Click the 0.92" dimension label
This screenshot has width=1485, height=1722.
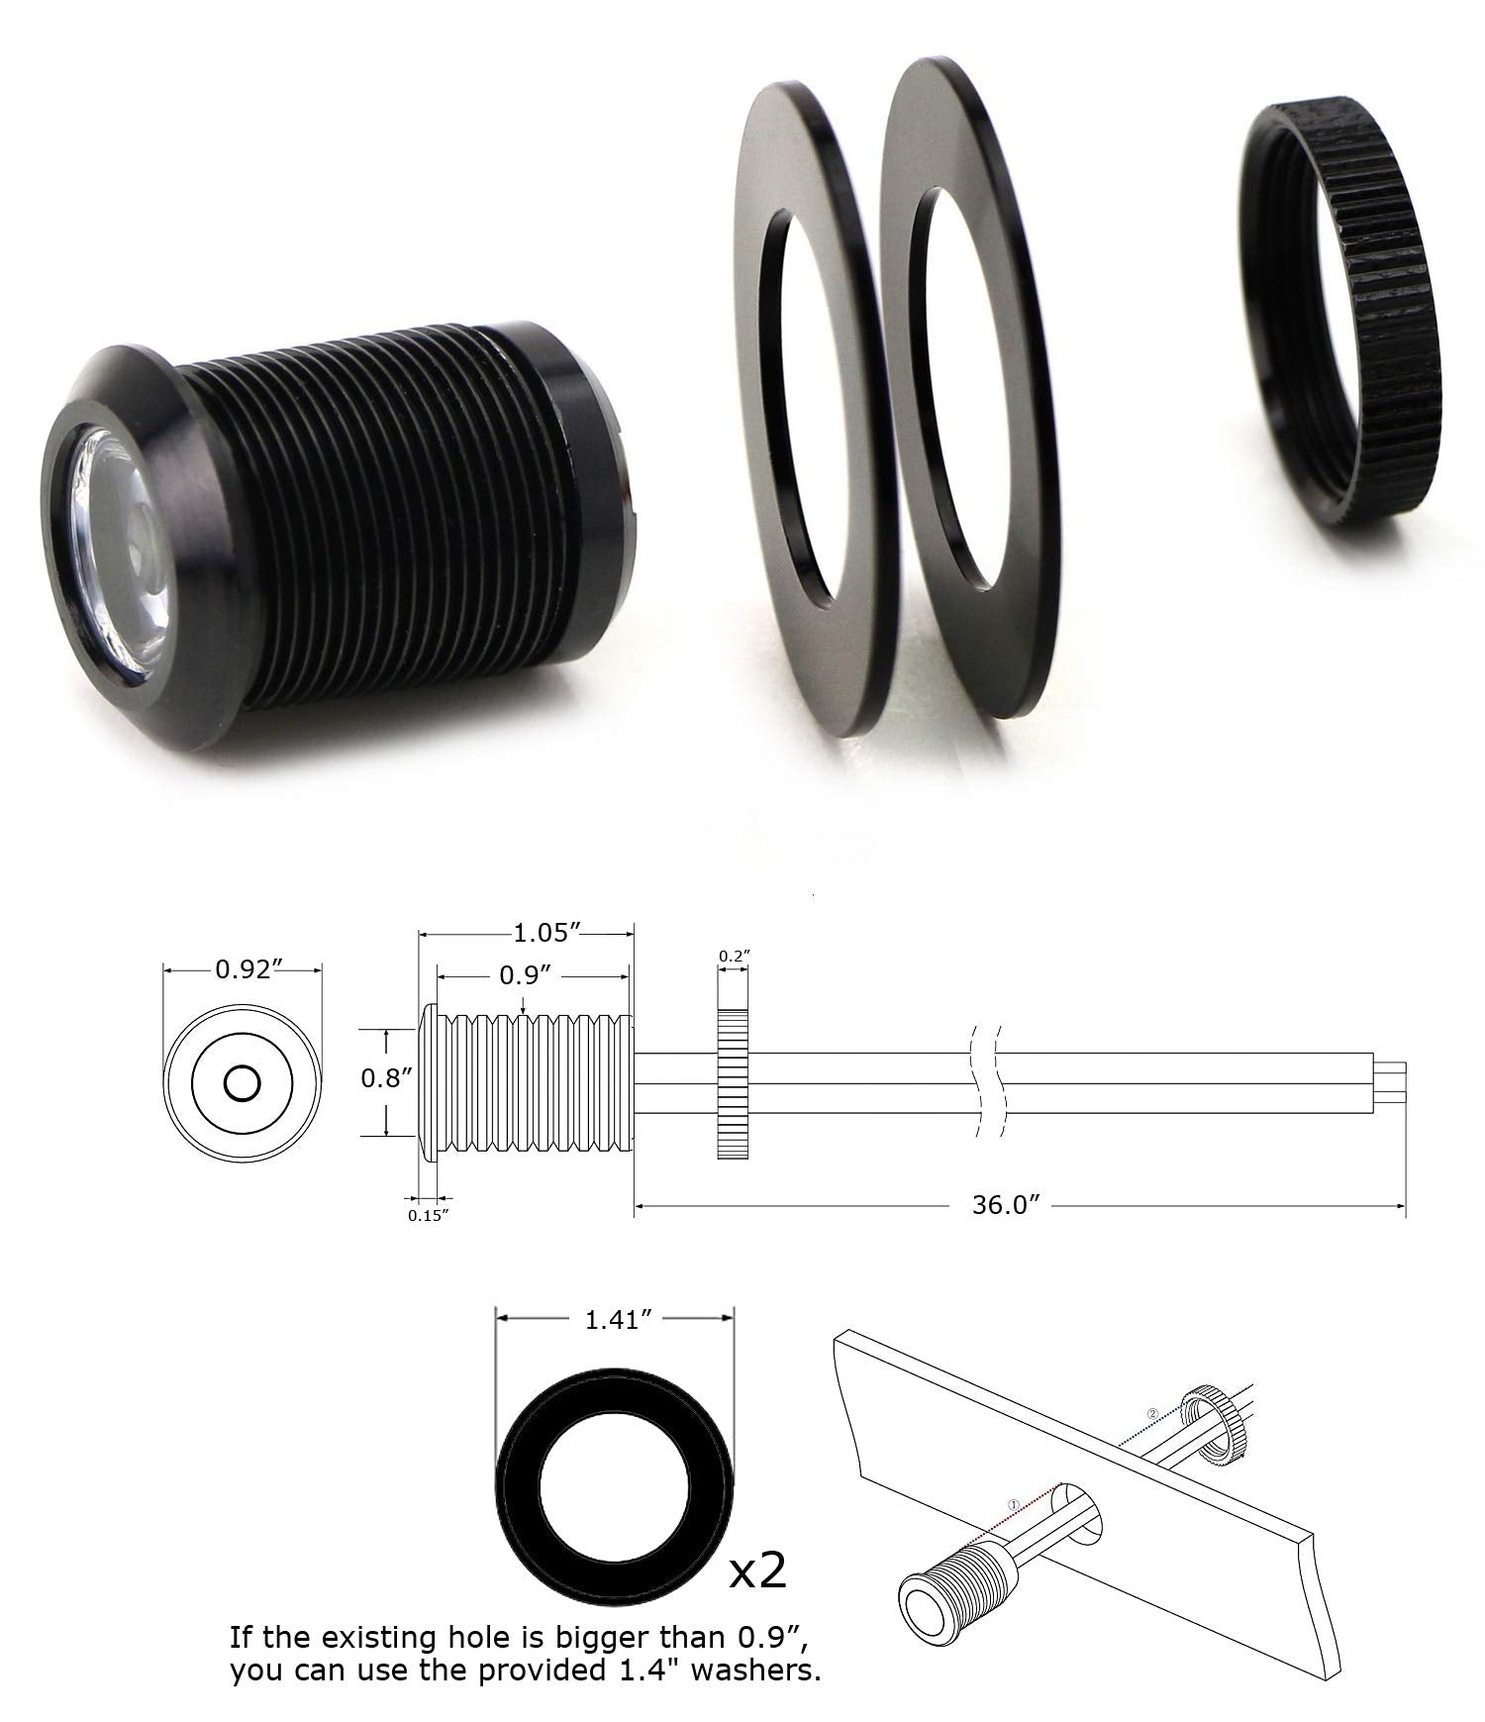244,969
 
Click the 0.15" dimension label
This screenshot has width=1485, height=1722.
429,1214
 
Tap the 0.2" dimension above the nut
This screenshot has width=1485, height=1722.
734,956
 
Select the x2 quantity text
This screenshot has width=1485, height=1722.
757,1570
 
